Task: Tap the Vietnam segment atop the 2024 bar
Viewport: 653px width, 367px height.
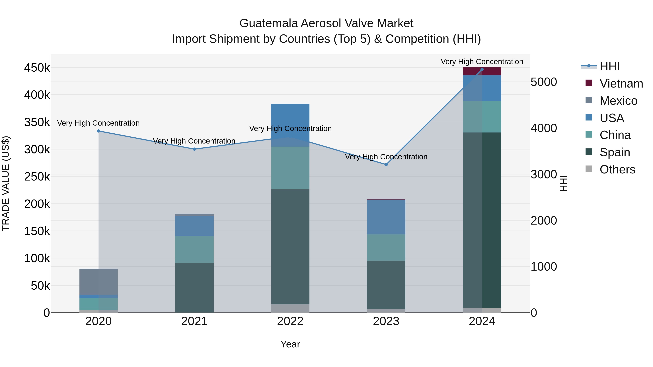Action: click(482, 71)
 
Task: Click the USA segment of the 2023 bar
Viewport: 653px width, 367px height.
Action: click(386, 217)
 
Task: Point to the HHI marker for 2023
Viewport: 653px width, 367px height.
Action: click(386, 165)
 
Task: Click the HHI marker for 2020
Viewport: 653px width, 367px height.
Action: click(99, 131)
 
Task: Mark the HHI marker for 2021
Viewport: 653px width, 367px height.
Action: click(194, 149)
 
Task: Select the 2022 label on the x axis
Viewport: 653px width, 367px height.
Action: click(290, 321)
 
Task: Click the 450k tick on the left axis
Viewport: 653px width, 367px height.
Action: click(37, 68)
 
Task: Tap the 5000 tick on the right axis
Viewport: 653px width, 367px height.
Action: click(544, 82)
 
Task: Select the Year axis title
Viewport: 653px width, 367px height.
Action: click(290, 344)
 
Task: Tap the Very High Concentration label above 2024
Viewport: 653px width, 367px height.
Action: click(482, 62)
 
